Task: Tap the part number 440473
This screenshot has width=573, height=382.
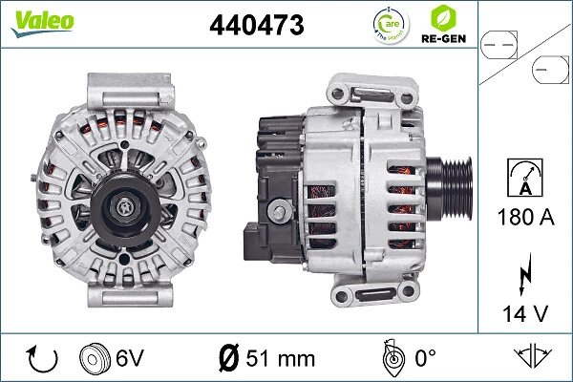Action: (x=256, y=27)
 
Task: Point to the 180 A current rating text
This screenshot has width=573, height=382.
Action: (x=524, y=217)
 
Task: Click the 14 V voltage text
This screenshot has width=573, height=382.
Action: (x=524, y=310)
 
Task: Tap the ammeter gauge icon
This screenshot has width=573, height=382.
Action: (x=524, y=177)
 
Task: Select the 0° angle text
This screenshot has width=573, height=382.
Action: (x=424, y=358)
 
